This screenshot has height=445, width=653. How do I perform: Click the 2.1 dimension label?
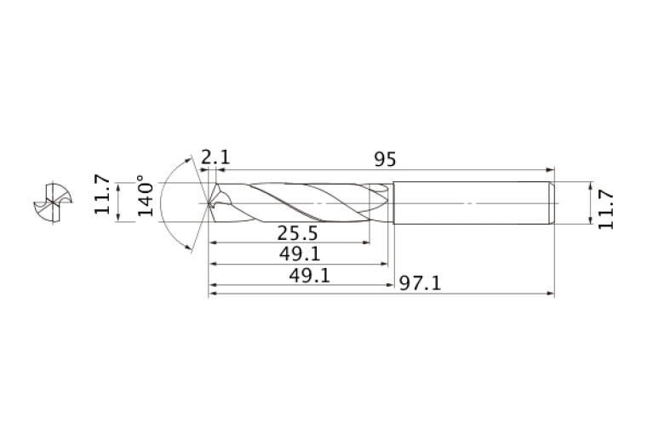click(215, 157)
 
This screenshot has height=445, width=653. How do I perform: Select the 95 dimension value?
click(385, 159)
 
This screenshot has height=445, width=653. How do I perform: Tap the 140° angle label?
click(146, 196)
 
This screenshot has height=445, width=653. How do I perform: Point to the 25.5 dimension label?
click(297, 233)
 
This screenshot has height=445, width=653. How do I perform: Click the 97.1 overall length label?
click(420, 284)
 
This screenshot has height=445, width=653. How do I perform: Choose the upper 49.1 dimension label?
click(300, 254)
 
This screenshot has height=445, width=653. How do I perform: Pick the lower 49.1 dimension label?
click(309, 276)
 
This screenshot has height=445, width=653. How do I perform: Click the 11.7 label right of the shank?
click(606, 209)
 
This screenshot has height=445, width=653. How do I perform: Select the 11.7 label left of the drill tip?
click(102, 194)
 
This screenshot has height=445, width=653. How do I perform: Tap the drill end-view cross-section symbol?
click(53, 203)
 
